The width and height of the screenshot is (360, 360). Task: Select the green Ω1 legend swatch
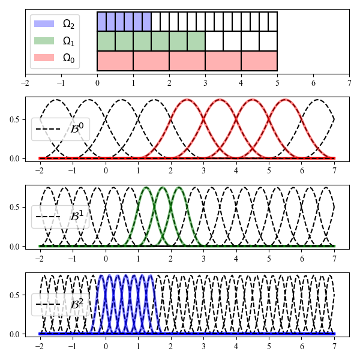(x=45, y=41)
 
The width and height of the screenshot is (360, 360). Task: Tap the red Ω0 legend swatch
(x=45, y=58)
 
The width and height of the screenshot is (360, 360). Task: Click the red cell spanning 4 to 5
(x=259, y=61)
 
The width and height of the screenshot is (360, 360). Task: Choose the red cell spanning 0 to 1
(x=115, y=61)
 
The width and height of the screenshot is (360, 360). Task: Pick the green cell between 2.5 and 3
(x=196, y=41)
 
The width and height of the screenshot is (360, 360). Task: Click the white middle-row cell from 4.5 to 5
(x=268, y=41)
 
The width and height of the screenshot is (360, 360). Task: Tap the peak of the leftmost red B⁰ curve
(x=187, y=100)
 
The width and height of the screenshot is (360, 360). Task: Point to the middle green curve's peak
(x=163, y=188)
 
